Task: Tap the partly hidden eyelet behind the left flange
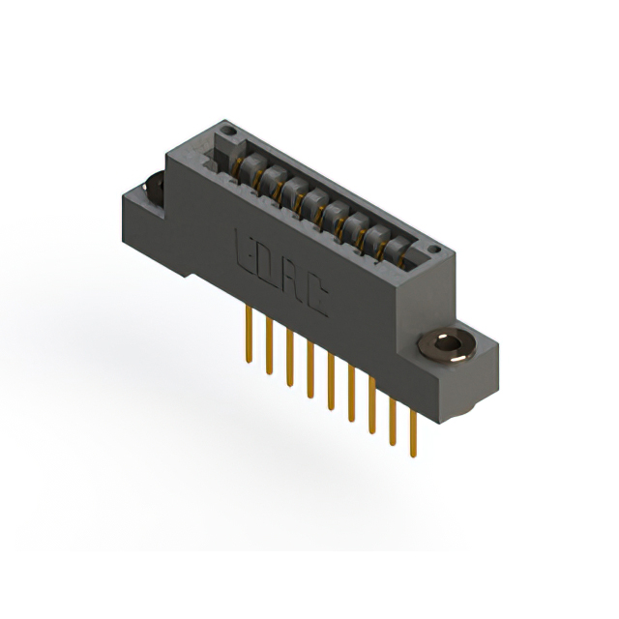pyautogui.click(x=155, y=190)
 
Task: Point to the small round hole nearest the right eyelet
pyautogui.click(x=434, y=249)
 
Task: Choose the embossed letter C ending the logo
pyautogui.click(x=316, y=297)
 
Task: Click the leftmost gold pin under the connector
pyautogui.click(x=249, y=334)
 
